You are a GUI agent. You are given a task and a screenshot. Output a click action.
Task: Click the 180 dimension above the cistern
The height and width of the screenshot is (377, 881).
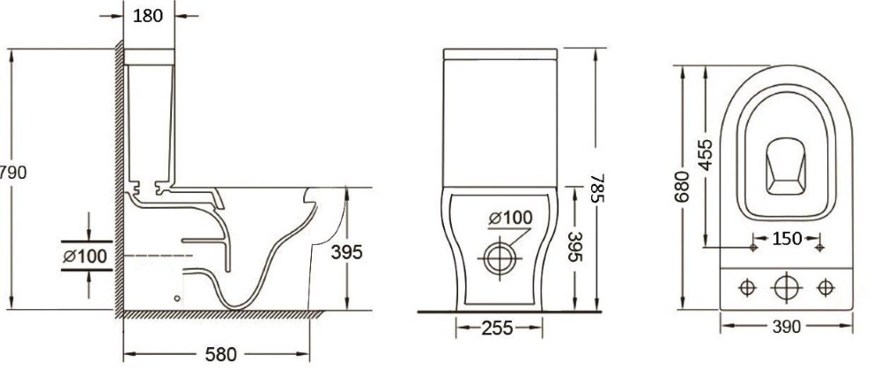(x=148, y=16)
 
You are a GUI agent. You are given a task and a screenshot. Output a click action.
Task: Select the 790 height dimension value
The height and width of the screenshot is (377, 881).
(x=13, y=173)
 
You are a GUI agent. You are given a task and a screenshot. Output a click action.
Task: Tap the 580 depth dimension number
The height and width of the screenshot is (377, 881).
(x=221, y=354)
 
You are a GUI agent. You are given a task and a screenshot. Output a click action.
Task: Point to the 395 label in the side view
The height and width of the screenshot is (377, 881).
(x=346, y=252)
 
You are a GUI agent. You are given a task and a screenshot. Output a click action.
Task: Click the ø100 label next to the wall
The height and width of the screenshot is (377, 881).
(x=85, y=256)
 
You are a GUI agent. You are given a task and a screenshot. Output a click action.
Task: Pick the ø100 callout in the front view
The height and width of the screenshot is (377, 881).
(x=509, y=218)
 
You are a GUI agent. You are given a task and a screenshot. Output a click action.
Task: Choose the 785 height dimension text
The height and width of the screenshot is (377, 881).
(x=598, y=188)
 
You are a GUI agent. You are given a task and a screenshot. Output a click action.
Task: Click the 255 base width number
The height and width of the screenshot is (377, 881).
(x=497, y=328)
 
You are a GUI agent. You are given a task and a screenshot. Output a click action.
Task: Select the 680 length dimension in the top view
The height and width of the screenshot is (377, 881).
(x=682, y=186)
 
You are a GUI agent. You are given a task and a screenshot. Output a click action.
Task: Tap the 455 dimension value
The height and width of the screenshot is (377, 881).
(x=705, y=154)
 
